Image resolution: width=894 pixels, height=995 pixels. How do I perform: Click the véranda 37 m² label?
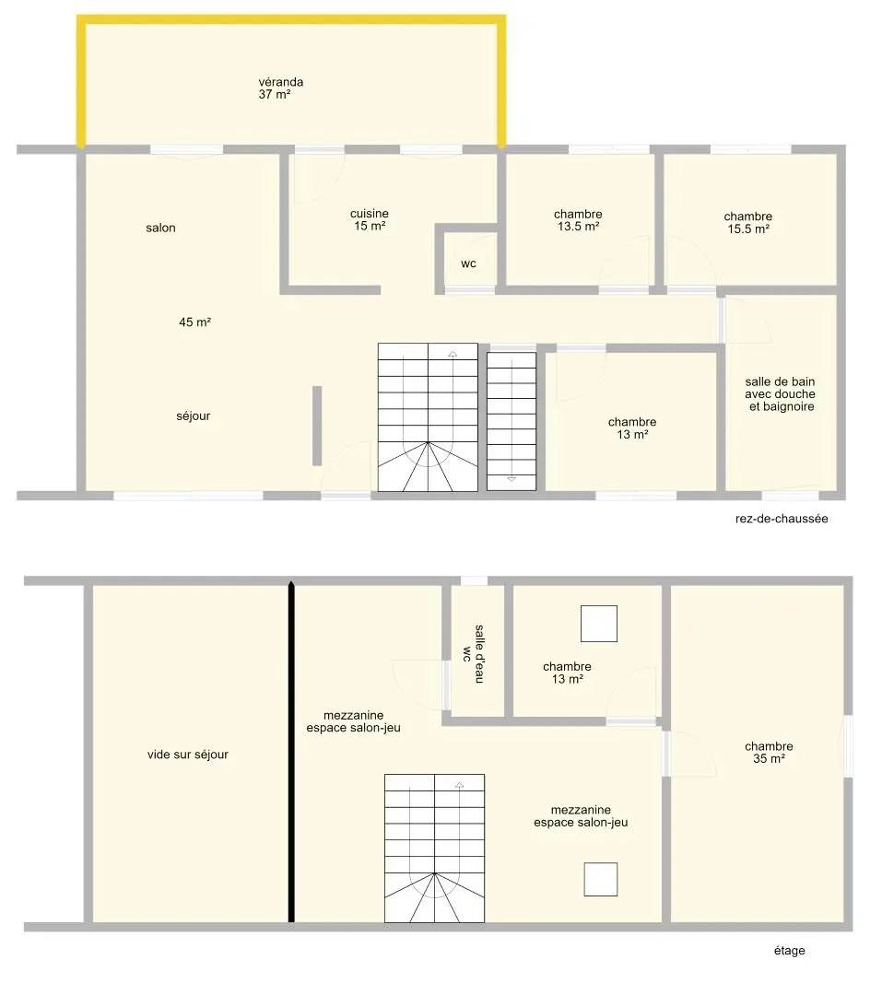tap(281, 88)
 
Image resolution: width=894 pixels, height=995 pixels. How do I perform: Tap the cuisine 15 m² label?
tap(370, 219)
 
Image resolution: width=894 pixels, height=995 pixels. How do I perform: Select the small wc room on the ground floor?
tap(468, 260)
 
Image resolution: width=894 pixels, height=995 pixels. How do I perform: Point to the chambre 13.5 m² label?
tap(578, 220)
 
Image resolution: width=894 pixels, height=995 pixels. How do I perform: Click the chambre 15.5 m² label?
tap(748, 223)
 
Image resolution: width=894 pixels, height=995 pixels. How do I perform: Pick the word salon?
tap(160, 228)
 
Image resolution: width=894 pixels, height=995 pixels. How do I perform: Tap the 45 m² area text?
tap(194, 322)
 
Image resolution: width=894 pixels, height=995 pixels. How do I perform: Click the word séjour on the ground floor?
tap(193, 416)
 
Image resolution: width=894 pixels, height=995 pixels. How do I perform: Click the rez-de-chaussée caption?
tap(782, 519)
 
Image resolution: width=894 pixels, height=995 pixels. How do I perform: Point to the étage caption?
tap(789, 951)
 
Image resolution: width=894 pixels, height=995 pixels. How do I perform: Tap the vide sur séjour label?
tap(188, 755)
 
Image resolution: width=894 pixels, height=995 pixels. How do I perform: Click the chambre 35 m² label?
tap(769, 753)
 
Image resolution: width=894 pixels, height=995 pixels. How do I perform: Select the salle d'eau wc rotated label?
tap(474, 654)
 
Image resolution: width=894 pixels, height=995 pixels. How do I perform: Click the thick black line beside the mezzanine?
tap(291, 752)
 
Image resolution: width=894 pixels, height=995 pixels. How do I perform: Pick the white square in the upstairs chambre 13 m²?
tap(599, 624)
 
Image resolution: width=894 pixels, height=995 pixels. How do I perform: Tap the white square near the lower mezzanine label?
tap(601, 880)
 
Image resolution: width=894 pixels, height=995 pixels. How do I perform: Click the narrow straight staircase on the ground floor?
tap(512, 421)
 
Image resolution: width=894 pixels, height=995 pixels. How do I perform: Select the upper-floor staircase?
tap(434, 849)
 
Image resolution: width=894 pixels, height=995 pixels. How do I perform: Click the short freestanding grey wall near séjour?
tap(317, 426)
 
